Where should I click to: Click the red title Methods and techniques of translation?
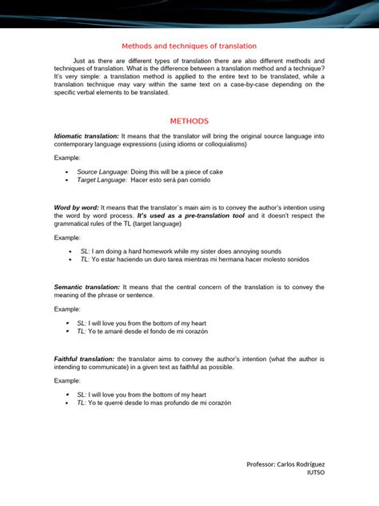(x=189, y=46)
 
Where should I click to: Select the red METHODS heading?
(x=189, y=121)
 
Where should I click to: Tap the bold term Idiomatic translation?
(x=86, y=137)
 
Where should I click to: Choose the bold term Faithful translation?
(x=84, y=359)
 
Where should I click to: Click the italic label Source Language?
(x=102, y=172)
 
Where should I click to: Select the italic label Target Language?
(x=102, y=180)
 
